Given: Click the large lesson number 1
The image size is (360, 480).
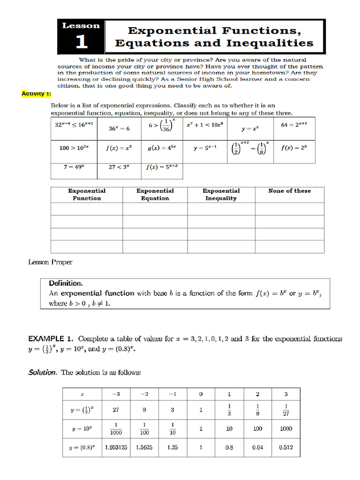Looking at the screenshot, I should [x=81, y=42].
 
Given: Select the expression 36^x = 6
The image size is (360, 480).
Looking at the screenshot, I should [x=119, y=128].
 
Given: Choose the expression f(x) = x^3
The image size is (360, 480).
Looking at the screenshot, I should [x=119, y=148].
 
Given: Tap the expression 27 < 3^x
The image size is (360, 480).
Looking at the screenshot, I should [x=119, y=167].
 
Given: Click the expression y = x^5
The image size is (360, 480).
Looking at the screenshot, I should [x=249, y=128].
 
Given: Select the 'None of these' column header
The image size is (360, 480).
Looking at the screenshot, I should [x=289, y=191].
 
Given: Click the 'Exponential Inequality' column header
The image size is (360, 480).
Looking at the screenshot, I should [x=221, y=195].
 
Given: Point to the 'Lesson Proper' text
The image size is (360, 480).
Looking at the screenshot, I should [x=51, y=262].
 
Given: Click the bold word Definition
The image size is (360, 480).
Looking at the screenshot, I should [x=66, y=283].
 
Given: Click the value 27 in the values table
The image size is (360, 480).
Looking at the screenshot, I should [x=116, y=410].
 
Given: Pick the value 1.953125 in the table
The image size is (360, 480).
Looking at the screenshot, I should [x=116, y=447].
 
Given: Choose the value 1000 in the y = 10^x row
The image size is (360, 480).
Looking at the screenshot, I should [x=285, y=428].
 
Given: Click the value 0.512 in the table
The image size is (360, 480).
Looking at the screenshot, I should [x=285, y=447].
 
